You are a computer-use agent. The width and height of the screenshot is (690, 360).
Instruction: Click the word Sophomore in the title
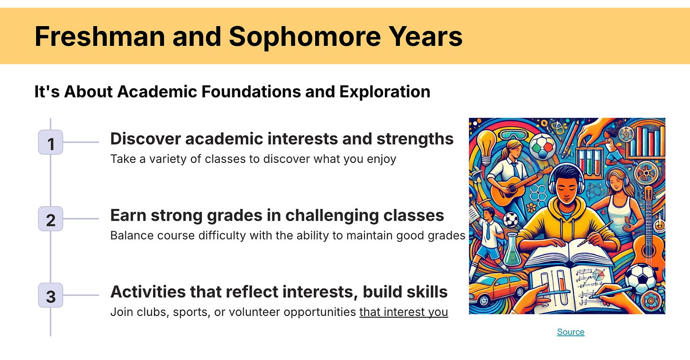[x=305, y=37]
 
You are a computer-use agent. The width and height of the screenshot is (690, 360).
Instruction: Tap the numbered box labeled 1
[x=51, y=142]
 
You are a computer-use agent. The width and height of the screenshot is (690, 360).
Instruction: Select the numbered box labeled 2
[x=51, y=219]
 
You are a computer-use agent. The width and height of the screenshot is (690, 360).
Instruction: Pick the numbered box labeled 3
[x=51, y=295]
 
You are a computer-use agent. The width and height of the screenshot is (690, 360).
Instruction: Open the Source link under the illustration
[x=571, y=332]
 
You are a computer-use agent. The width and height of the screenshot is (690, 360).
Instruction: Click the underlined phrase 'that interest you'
[x=404, y=312]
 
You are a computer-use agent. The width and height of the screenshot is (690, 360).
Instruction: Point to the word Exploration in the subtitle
[x=385, y=92]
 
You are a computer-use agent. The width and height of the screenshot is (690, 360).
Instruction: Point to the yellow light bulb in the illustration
[x=486, y=148]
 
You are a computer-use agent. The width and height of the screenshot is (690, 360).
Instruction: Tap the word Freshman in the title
[x=100, y=36]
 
